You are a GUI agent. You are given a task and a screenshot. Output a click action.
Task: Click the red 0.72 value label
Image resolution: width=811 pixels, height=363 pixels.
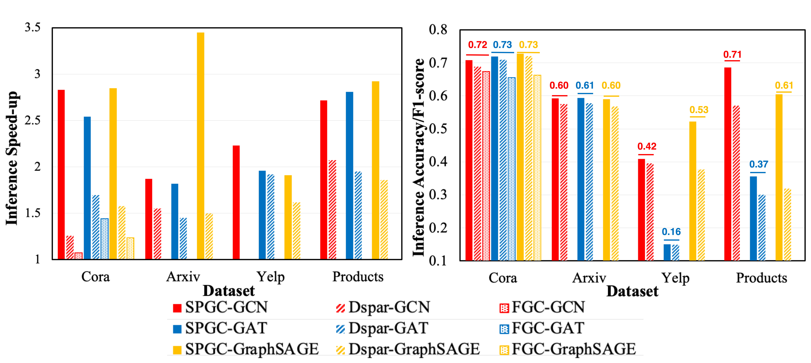click(477, 45)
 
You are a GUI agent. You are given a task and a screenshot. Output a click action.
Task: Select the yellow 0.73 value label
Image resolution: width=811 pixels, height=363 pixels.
click(528, 45)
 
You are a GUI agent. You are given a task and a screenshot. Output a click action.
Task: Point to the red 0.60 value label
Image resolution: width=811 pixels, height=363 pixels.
click(559, 86)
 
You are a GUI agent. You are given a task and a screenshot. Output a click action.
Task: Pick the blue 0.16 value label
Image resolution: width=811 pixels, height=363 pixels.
click(671, 232)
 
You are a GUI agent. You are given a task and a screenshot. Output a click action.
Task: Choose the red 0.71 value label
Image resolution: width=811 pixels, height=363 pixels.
click(732, 55)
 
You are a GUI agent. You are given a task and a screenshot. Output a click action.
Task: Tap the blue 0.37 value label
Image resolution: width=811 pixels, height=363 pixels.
click(758, 165)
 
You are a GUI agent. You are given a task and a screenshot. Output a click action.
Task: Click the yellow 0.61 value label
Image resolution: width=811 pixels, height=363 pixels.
click(784, 86)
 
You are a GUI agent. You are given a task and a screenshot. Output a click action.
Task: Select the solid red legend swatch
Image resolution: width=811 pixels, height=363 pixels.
click(177, 308)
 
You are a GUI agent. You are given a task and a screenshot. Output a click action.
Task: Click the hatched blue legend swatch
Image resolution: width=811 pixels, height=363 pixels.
click(340, 329)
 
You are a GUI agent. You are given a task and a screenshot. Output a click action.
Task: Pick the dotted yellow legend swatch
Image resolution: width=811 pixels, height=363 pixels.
click(504, 350)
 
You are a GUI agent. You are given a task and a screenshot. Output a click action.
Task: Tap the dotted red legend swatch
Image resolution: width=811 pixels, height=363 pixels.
click(504, 308)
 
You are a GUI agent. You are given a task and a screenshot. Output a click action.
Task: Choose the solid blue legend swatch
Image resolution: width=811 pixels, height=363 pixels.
click(177, 329)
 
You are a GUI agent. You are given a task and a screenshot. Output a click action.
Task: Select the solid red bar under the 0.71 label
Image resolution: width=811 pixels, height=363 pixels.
click(728, 164)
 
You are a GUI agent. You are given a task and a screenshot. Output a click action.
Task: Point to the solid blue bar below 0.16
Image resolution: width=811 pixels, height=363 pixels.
click(667, 252)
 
